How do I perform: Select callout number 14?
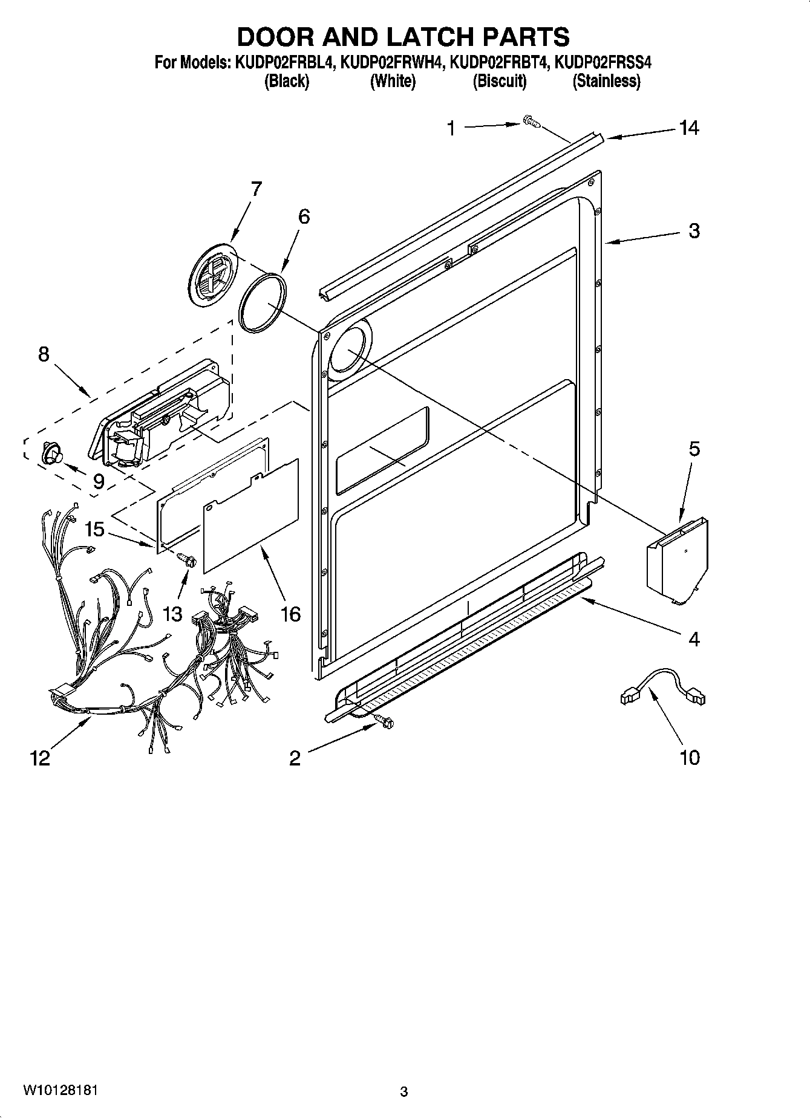[x=688, y=128]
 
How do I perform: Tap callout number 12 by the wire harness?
[x=40, y=758]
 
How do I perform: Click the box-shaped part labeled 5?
[x=676, y=562]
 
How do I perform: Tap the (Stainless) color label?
[x=606, y=81]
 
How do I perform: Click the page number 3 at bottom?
[x=404, y=1091]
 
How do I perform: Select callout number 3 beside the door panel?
[x=694, y=230]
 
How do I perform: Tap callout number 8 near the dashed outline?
[x=44, y=354]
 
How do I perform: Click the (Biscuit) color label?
[x=500, y=81]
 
